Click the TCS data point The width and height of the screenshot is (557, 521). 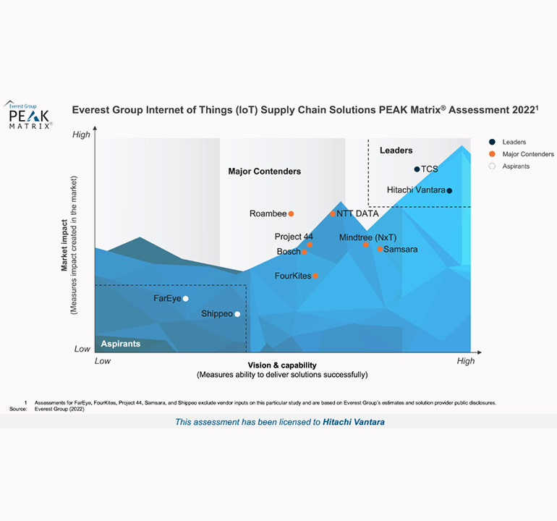tap(417, 169)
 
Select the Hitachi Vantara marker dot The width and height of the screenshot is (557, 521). tap(449, 191)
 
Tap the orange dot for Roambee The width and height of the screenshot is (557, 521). tap(291, 214)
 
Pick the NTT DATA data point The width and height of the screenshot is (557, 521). tap(333, 214)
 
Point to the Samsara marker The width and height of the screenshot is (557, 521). tap(380, 249)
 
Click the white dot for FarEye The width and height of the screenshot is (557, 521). tap(186, 299)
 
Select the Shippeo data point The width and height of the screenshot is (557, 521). tap(237, 314)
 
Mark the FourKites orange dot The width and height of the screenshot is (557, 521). tap(315, 276)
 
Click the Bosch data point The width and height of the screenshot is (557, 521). tap(305, 252)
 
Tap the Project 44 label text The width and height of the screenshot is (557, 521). tap(293, 237)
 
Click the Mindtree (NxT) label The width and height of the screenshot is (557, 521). tap(367, 237)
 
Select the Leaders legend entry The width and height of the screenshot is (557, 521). tap(514, 143)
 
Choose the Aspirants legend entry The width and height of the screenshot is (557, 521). tap(516, 166)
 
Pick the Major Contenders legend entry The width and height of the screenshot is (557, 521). tap(527, 154)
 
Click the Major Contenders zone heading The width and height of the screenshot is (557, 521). tap(264, 171)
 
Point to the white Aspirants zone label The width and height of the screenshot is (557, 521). tap(120, 344)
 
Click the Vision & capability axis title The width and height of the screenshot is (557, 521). tap(282, 365)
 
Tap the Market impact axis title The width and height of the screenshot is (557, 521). tap(64, 245)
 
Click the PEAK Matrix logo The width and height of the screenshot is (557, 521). tap(30, 116)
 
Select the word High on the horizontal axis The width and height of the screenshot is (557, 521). tap(465, 361)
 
